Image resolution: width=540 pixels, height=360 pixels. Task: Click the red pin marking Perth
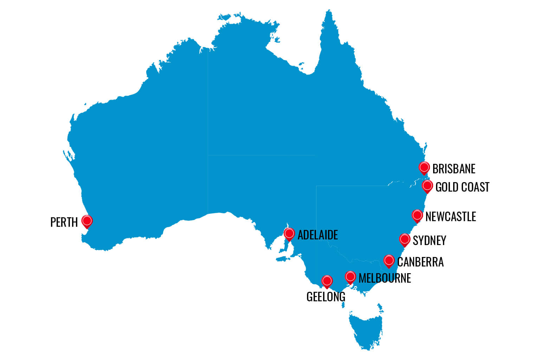coord(87,221)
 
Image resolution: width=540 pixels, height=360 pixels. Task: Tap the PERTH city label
coord(64,222)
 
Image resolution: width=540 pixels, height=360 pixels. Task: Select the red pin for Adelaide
coord(289,233)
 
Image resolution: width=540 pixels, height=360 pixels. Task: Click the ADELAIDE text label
coord(317,235)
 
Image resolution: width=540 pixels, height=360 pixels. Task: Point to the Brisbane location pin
coord(424,167)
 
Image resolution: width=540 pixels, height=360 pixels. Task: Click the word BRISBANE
coord(454,169)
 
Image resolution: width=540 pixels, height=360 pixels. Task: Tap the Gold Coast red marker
coord(427,186)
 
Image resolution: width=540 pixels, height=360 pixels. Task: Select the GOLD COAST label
coord(462,187)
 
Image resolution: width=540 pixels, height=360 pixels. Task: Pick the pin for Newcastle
coord(417,215)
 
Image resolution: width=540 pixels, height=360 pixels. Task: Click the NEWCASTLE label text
coord(450,217)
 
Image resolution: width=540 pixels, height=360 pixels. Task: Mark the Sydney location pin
coord(405,239)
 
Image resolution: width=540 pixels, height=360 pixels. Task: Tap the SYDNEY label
coord(429,240)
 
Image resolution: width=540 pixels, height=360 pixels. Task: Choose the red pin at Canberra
coord(389,261)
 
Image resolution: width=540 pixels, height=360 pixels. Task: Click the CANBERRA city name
coord(420,262)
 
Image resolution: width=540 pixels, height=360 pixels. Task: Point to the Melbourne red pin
coord(351,277)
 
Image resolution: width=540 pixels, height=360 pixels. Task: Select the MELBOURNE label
coord(385,278)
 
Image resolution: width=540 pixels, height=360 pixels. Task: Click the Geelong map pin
coord(327,281)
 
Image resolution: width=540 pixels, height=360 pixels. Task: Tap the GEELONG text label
coord(326,297)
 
